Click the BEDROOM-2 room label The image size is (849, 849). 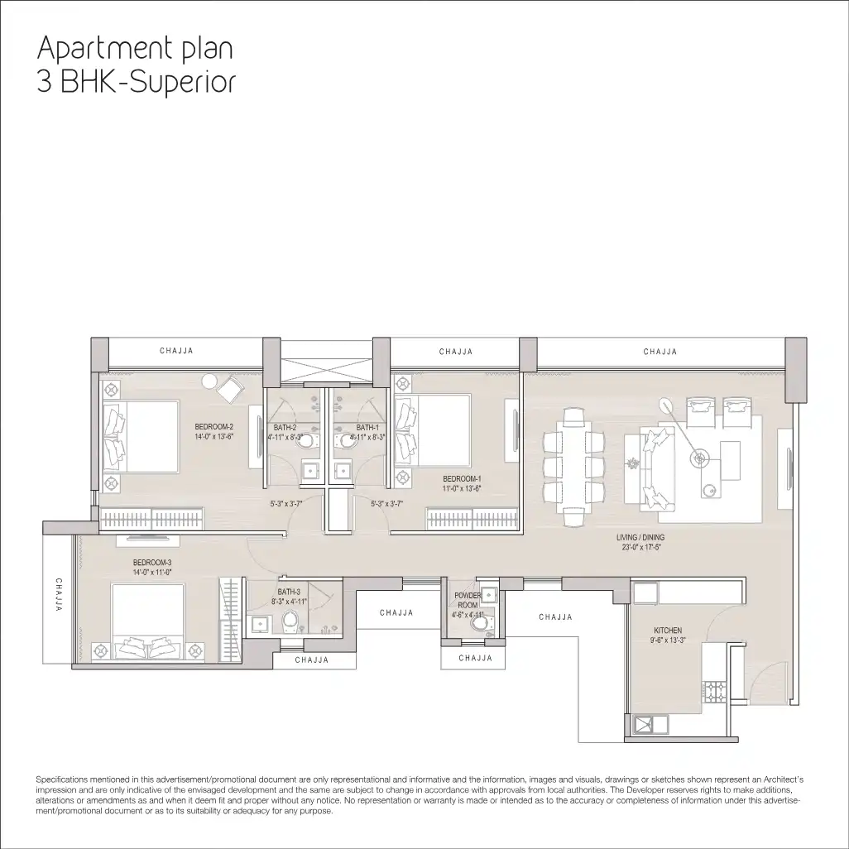[213, 427]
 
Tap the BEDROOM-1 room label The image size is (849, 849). [462, 478]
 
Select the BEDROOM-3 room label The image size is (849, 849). [152, 563]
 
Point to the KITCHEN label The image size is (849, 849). [668, 631]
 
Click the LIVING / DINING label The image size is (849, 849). [640, 538]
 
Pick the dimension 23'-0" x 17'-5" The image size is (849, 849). [641, 547]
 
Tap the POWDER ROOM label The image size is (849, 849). [468, 600]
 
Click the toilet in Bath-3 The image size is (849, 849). [290, 622]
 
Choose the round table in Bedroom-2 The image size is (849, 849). [209, 381]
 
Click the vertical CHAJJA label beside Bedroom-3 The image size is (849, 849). [59, 594]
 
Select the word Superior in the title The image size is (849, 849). [184, 82]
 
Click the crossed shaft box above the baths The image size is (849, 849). [327, 371]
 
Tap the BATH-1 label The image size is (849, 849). [367, 428]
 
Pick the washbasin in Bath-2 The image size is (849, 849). [309, 470]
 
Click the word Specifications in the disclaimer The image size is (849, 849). [62, 779]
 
